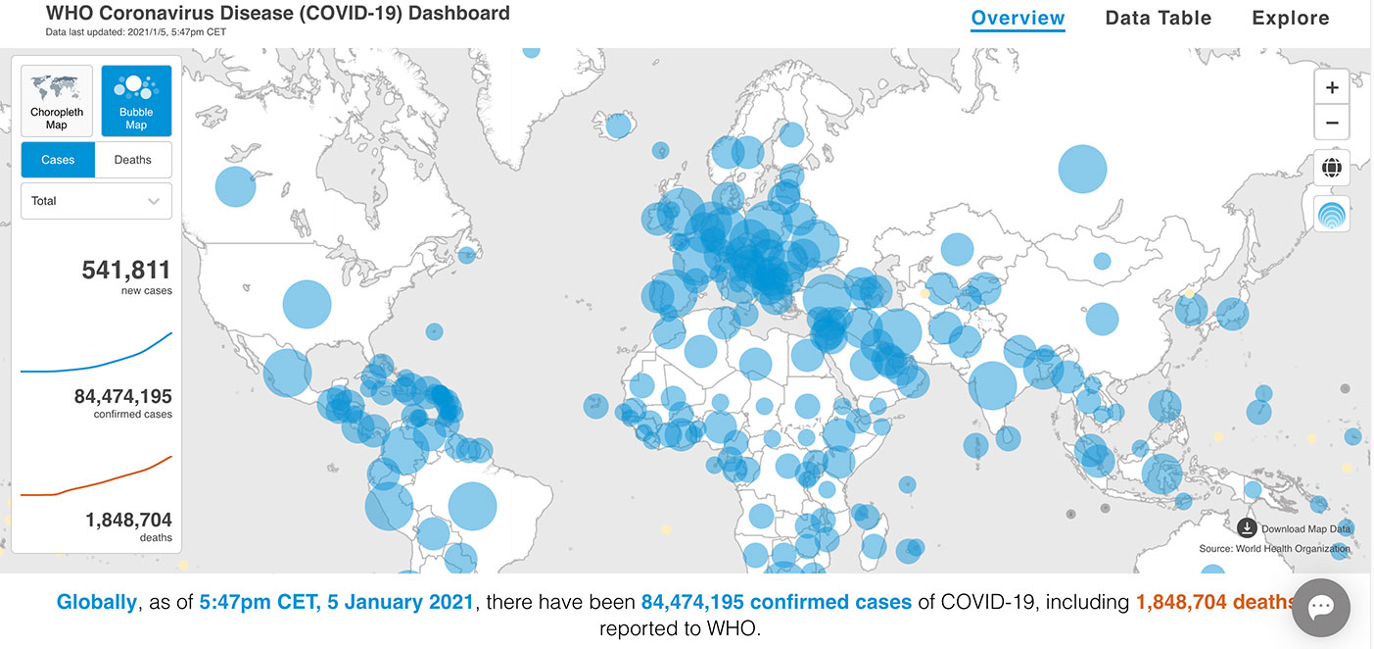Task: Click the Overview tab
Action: [1018, 18]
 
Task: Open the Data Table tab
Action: [1158, 18]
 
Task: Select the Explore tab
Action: [1290, 18]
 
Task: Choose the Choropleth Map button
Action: [57, 101]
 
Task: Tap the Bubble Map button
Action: [136, 101]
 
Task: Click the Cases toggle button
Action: [58, 160]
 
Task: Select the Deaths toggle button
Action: [133, 160]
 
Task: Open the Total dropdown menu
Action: [96, 201]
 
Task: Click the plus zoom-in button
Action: [1332, 87]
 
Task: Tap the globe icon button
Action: [1332, 167]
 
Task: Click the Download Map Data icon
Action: [1247, 527]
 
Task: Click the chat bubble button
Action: [1321, 607]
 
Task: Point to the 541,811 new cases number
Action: [126, 270]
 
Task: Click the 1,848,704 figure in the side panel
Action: [128, 520]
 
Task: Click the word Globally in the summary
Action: [96, 602]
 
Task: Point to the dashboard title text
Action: [277, 14]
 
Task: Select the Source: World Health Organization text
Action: [1274, 548]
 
